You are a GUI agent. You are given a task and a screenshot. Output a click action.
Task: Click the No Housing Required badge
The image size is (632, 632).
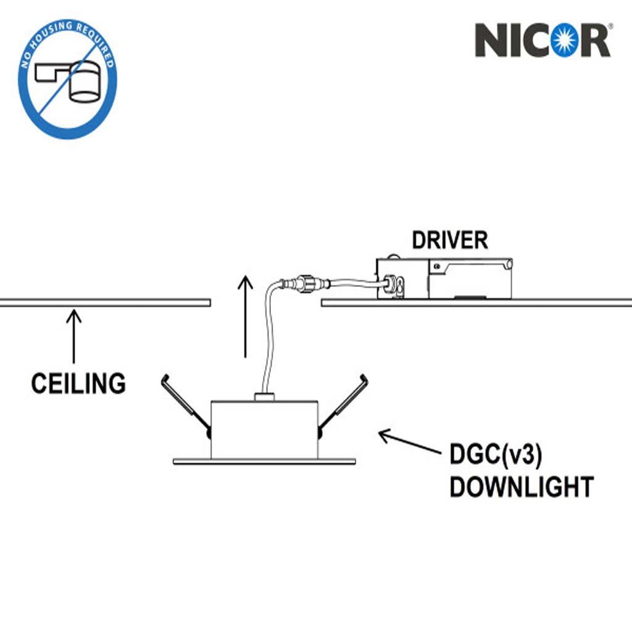[x=67, y=79]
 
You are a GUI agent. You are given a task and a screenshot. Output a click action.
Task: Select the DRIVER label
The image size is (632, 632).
[x=449, y=240]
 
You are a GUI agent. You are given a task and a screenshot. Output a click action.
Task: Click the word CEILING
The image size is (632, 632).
[x=78, y=384]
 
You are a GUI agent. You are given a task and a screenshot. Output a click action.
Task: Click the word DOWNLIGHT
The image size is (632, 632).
[x=521, y=488]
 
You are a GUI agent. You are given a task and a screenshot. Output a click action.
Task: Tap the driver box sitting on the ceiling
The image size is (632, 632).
[x=444, y=278]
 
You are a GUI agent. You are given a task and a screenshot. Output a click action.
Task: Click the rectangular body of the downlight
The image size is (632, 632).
[x=264, y=430]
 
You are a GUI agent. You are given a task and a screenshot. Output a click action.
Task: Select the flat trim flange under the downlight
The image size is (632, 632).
[x=264, y=462]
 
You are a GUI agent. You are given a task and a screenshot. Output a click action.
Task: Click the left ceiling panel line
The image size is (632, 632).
[x=105, y=302]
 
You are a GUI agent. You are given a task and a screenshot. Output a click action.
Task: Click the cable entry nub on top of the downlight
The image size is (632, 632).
[x=264, y=397]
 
